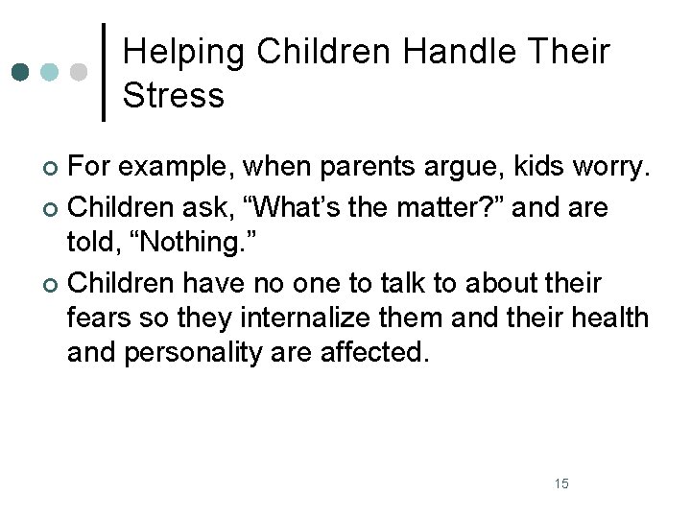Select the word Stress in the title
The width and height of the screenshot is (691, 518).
click(174, 95)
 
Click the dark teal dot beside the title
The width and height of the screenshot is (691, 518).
click(21, 72)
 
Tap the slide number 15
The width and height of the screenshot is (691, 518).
click(561, 483)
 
